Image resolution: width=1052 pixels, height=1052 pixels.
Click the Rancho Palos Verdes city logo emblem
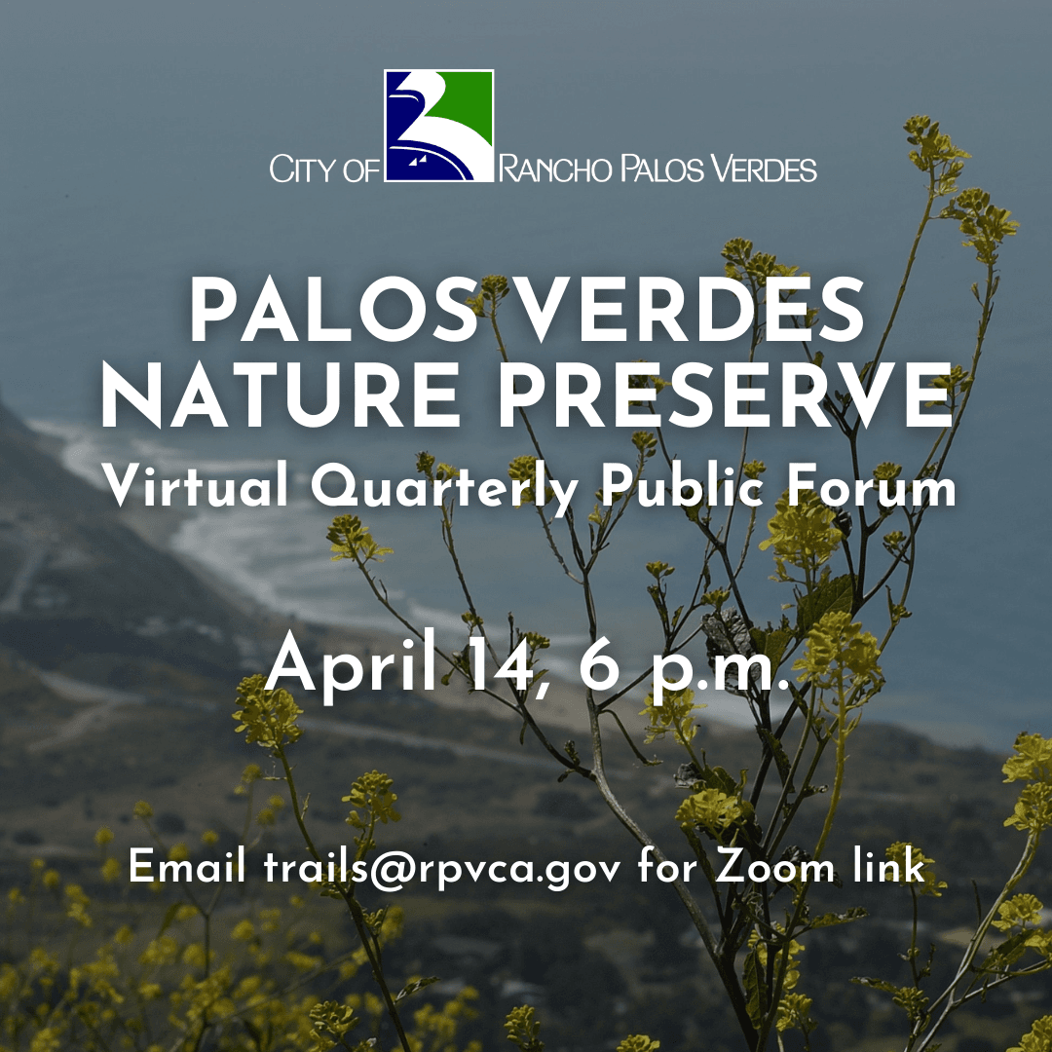point(438,126)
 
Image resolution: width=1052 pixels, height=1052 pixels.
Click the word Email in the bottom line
point(187,867)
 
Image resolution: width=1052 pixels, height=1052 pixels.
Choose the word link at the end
point(885,867)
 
